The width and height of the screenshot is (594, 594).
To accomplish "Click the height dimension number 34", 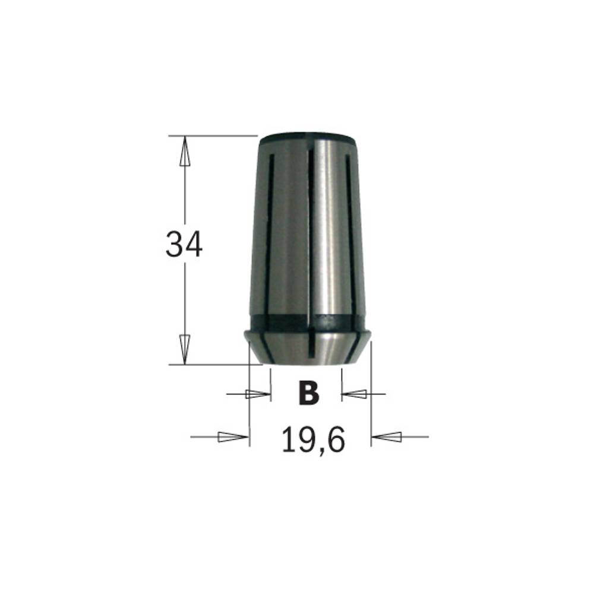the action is [x=184, y=245].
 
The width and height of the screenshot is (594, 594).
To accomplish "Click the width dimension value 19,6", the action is [x=313, y=440].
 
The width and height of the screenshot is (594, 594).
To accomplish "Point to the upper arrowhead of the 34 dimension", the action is [x=185, y=151].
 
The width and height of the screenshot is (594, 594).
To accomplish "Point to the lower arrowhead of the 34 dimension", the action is [x=185, y=349].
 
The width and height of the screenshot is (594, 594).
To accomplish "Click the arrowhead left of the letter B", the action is [x=258, y=394].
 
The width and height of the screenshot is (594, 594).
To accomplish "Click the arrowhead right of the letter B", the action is [x=354, y=394].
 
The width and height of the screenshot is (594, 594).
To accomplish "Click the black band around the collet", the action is [x=308, y=324].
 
